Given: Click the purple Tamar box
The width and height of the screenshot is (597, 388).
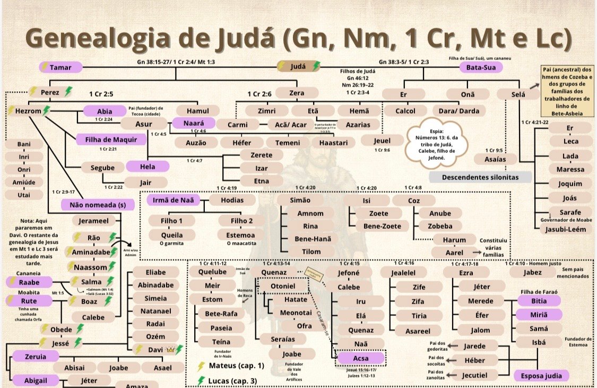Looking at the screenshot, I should (61, 67).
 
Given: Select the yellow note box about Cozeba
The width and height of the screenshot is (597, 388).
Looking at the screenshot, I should (567, 91).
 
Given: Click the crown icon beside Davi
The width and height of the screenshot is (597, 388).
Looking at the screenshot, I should (170, 350).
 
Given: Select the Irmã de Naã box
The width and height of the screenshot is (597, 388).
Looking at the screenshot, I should (176, 200).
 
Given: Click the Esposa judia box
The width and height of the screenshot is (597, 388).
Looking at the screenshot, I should (541, 376).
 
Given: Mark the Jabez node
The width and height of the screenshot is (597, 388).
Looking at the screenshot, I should (532, 272).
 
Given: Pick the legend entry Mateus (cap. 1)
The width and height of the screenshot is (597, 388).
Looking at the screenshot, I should (231, 366).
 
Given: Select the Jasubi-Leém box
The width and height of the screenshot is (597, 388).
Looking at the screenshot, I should (569, 229).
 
